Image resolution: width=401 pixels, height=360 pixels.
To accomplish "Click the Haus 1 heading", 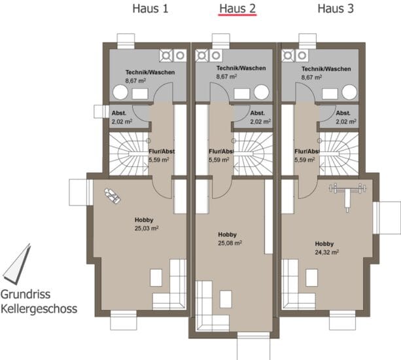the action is click(150, 9).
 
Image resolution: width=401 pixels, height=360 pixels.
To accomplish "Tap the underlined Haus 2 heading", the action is click(237, 9).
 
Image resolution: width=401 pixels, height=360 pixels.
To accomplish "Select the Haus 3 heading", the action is click(336, 9).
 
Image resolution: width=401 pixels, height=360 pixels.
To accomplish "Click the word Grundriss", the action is click(26, 295).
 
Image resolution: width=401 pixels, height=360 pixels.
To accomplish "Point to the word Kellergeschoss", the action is click(39, 308).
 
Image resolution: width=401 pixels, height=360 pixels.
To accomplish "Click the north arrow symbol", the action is click(17, 264).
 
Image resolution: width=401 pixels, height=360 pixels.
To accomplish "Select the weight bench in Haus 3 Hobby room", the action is click(347, 196).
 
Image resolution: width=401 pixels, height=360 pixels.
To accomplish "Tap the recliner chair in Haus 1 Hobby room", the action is click(113, 196).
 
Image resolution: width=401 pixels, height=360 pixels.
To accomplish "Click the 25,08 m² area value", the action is click(230, 243).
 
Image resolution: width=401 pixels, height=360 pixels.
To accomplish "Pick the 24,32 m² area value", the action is click(327, 252).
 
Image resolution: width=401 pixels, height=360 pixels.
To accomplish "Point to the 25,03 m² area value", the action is click(147, 228).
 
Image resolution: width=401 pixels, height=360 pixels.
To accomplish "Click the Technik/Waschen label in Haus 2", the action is click(241, 68).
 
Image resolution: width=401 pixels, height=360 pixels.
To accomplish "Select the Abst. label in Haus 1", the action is click(119, 113).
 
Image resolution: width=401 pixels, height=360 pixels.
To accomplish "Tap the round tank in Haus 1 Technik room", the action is click(120, 92).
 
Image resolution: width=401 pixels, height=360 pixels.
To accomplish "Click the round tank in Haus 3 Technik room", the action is click(349, 92).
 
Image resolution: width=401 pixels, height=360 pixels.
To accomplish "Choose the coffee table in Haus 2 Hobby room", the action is click(226, 299).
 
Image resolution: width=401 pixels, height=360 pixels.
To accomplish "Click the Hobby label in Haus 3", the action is click(324, 244).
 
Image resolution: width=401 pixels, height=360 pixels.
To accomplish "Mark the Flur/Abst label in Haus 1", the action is click(162, 151).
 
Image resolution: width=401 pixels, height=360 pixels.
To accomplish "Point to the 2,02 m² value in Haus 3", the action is click(346, 122).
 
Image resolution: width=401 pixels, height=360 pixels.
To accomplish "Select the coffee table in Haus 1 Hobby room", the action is click(156, 278).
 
